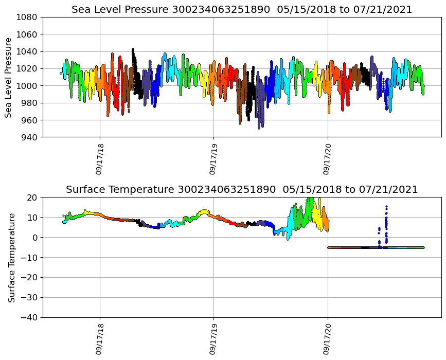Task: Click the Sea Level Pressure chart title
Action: click(242, 9)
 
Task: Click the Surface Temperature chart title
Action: click(242, 190)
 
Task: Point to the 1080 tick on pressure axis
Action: click(29, 17)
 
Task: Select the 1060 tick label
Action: click(29, 34)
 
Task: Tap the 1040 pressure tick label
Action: click(29, 51)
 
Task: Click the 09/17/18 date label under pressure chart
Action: click(100, 159)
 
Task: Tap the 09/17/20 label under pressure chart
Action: click(328, 159)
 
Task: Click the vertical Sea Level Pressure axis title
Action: click(9, 77)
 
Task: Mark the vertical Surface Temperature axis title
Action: click(11, 257)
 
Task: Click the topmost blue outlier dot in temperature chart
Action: click(386, 207)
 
